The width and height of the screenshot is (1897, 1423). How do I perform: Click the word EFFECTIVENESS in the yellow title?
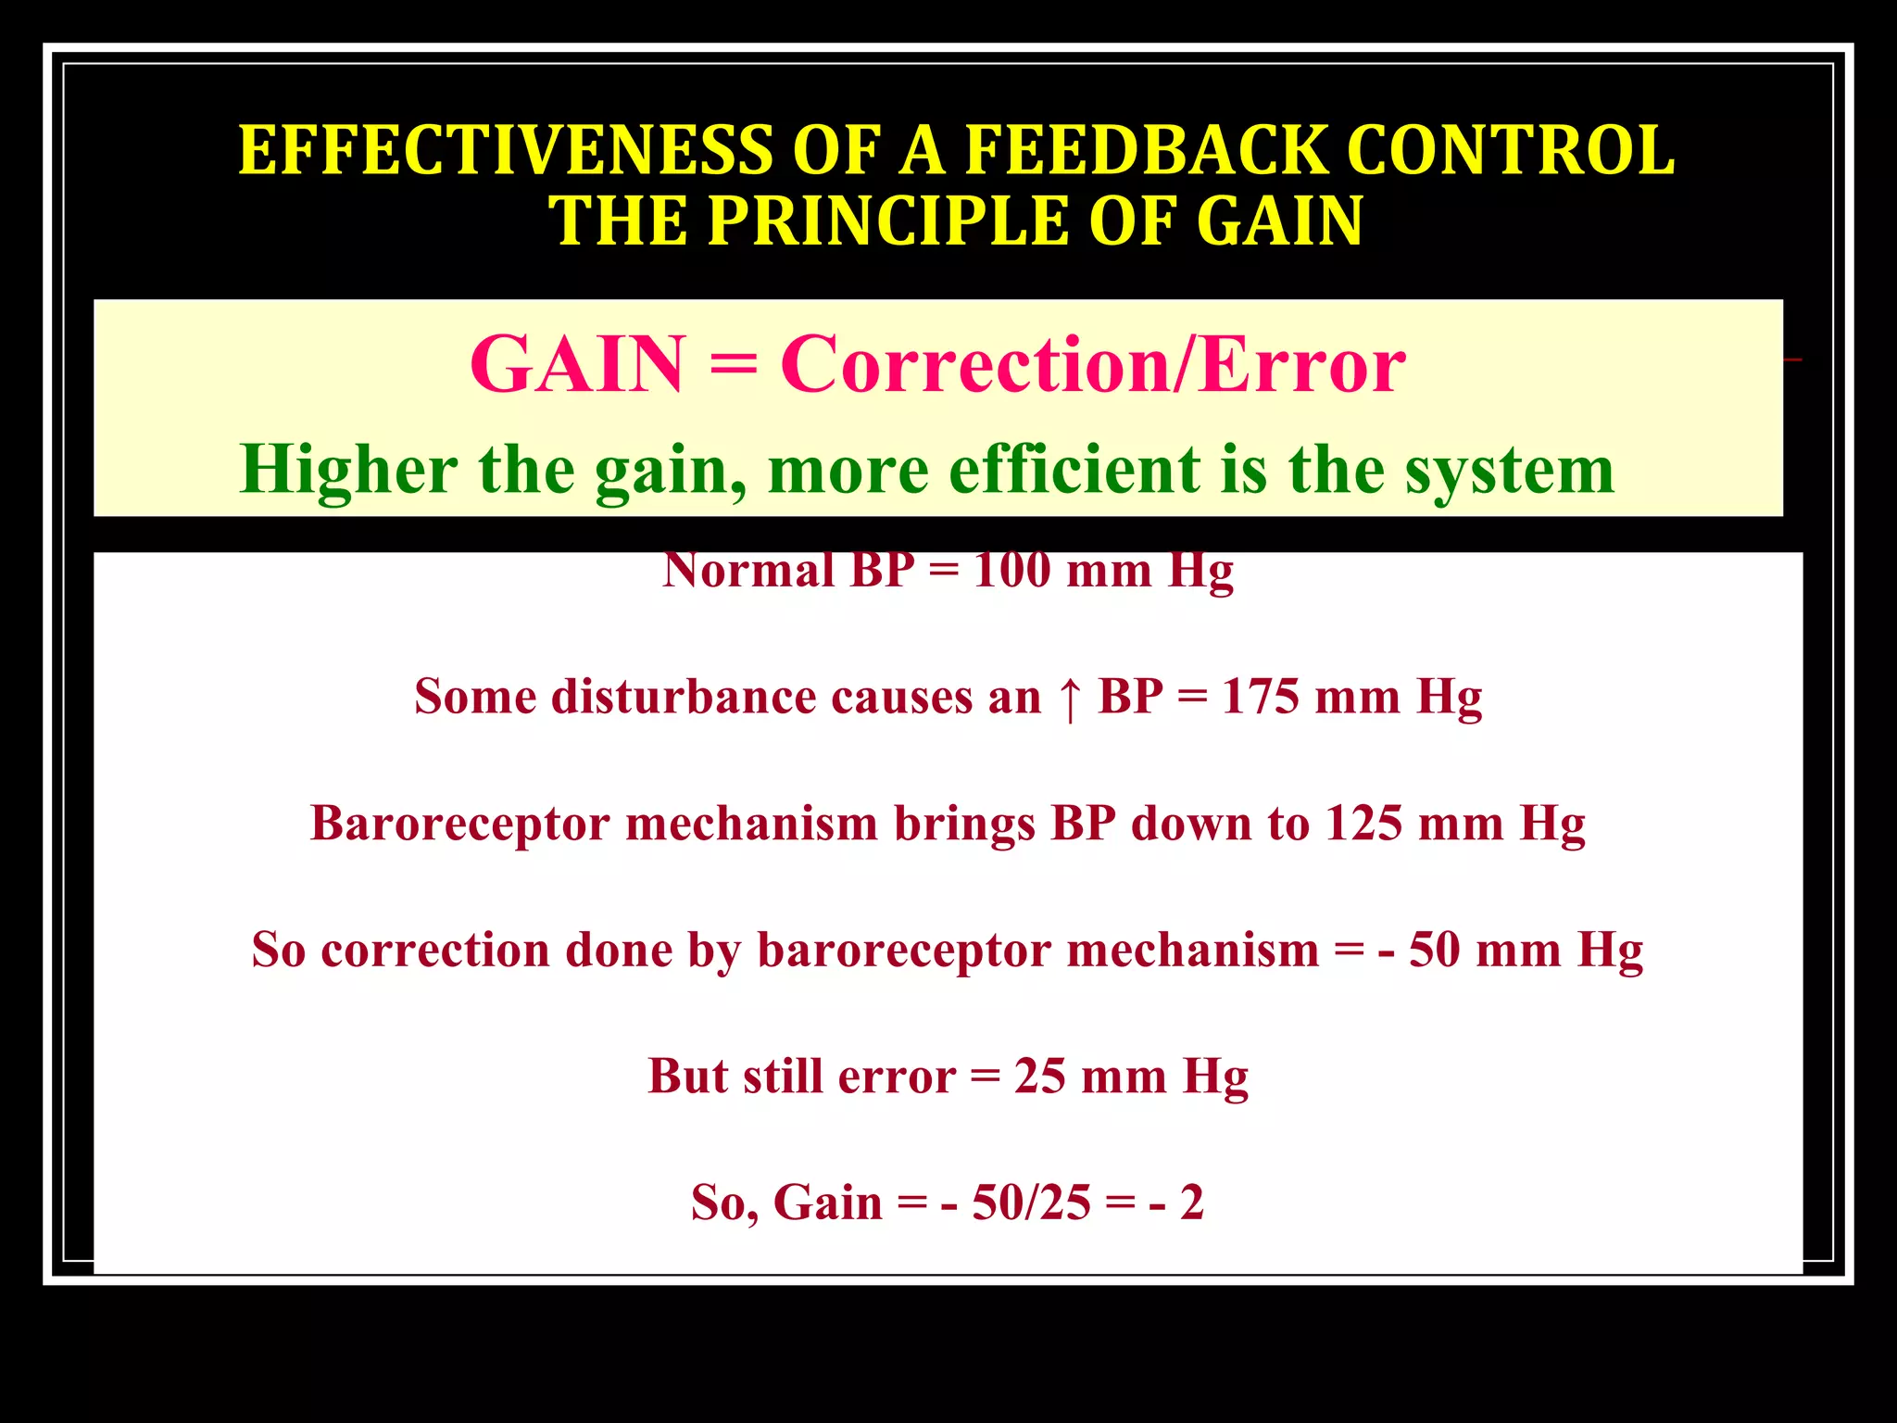pyautogui.click(x=505, y=150)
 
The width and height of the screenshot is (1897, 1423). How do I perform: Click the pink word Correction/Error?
pyautogui.click(x=1093, y=365)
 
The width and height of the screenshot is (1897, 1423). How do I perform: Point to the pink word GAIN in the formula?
pyautogui.click(x=576, y=365)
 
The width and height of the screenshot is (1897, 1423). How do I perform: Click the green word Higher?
pyautogui.click(x=348, y=470)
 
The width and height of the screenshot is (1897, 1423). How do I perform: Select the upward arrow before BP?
pyautogui.click(x=1069, y=698)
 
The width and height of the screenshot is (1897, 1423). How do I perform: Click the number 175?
pyautogui.click(x=1261, y=697)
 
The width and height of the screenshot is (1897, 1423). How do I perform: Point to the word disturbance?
pyautogui.click(x=684, y=697)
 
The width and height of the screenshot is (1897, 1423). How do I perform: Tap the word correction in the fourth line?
pyautogui.click(x=435, y=951)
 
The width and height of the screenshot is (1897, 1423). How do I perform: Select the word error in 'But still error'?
pyautogui.click(x=897, y=1077)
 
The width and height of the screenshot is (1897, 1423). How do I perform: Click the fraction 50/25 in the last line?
pyautogui.click(x=1032, y=1203)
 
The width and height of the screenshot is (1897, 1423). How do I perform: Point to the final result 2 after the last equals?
pyautogui.click(x=1192, y=1203)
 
